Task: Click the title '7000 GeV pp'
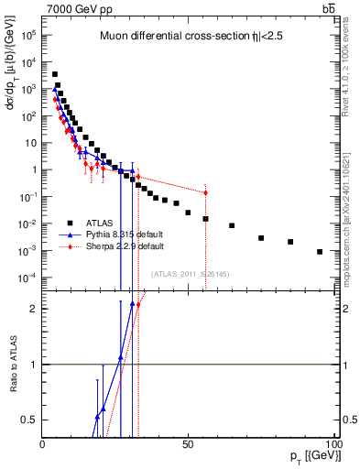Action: pos(78,8)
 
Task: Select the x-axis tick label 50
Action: pos(188,444)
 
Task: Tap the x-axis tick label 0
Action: pos(43,444)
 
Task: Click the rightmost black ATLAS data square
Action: pos(320,251)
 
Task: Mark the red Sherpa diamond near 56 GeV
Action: pos(205,192)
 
